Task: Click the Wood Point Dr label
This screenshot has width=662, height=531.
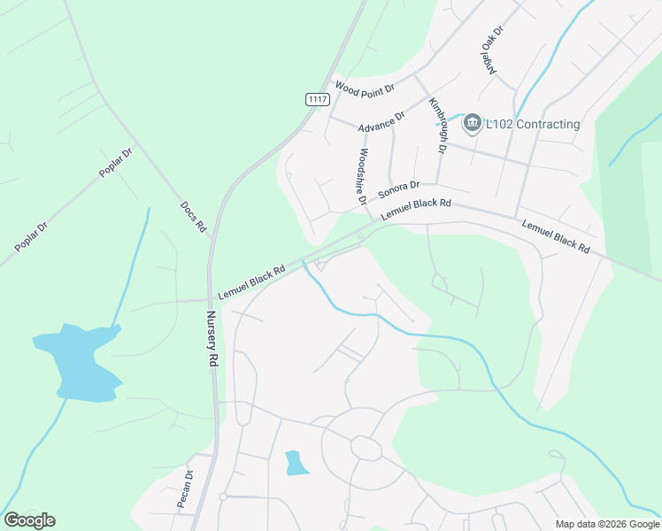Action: coord(364,87)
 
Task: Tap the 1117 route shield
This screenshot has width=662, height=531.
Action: coord(318,99)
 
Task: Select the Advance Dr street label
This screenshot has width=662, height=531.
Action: coord(381,122)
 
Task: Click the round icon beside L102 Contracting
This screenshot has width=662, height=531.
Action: coord(473,123)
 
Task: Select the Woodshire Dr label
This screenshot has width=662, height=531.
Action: coord(361,175)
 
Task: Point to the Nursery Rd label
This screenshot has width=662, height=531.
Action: coord(212,339)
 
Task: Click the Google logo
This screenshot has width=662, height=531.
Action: coord(29,520)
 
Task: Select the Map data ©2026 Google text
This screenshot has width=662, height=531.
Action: coord(607,524)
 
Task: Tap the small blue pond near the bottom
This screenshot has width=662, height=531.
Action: coord(296,463)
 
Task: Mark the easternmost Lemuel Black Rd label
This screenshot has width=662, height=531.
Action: coord(555,237)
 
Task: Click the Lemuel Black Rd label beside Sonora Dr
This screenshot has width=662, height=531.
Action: coord(416,210)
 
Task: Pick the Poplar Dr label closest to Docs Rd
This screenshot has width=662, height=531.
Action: coord(115,162)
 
